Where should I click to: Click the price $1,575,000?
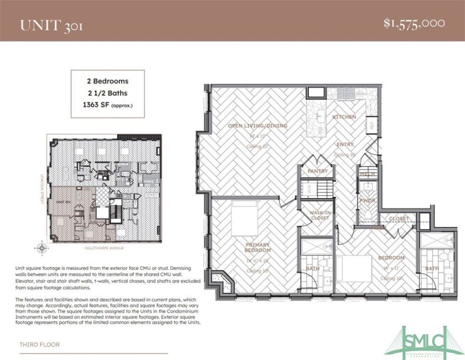click(x=414, y=23)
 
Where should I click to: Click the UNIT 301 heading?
click(x=51, y=25)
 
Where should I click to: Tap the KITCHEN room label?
click(x=344, y=116)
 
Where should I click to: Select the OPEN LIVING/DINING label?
click(x=257, y=126)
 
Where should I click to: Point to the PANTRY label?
click(x=317, y=171)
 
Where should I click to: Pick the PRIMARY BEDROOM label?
click(x=257, y=247)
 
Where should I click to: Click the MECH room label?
click(x=366, y=174)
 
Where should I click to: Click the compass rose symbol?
click(x=42, y=247)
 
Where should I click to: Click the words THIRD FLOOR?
click(x=39, y=345)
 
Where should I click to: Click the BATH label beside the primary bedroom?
click(x=314, y=269)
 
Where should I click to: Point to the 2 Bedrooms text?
click(x=107, y=81)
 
